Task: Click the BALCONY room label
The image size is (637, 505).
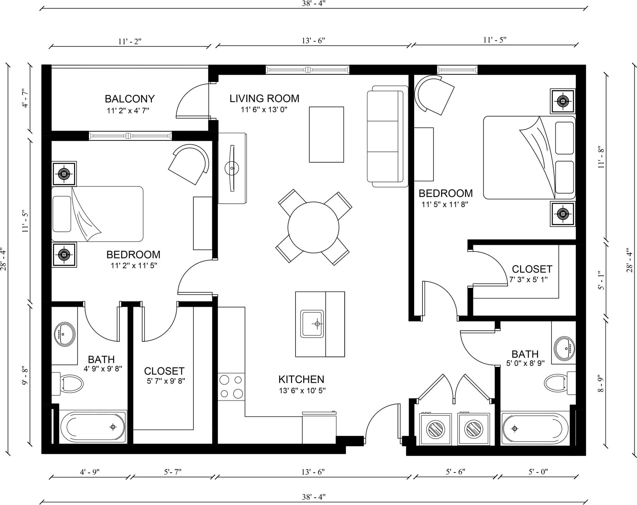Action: click(x=130, y=99)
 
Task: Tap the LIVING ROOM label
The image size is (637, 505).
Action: click(x=264, y=99)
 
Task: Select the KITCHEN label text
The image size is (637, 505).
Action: click(x=301, y=379)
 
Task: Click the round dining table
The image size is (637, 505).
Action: click(x=313, y=227)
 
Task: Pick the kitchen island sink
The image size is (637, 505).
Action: click(x=312, y=324)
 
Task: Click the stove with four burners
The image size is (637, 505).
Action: click(x=231, y=387)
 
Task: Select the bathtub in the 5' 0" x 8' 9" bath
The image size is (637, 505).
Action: click(x=535, y=428)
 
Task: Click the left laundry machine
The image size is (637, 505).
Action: click(x=436, y=429)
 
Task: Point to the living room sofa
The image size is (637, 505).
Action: click(x=388, y=137)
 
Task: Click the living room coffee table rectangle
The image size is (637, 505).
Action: click(x=326, y=135)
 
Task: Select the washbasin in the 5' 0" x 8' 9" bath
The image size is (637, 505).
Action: click(x=564, y=349)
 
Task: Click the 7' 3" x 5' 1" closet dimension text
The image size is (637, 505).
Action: click(x=528, y=279)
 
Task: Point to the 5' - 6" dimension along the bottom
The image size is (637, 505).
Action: click(x=455, y=472)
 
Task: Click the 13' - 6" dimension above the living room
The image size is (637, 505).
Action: click(x=313, y=41)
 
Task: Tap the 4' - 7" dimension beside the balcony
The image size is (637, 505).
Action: click(x=25, y=98)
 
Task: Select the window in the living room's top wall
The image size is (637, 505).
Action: click(x=308, y=70)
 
